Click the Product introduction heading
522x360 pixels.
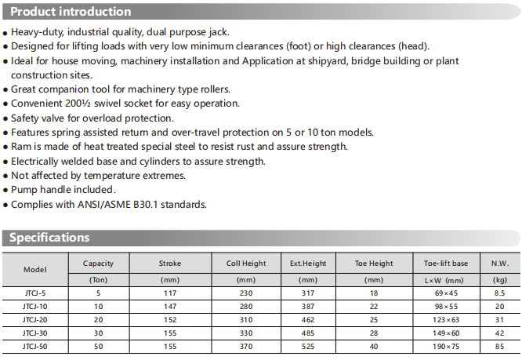coord(71,12)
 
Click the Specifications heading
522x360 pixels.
coord(49,238)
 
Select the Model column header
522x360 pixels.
coord(35,269)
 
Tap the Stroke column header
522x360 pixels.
coord(170,264)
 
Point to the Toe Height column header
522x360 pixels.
coord(374,264)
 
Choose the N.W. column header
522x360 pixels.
coord(499,264)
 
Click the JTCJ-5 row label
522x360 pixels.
coord(35,293)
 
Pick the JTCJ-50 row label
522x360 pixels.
coord(35,346)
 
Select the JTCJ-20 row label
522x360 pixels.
coord(35,319)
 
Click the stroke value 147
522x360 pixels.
coord(170,306)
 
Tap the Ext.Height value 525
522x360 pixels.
coord(307,346)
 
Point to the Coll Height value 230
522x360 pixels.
coord(246,293)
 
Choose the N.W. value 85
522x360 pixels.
coord(499,346)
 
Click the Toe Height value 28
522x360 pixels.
coord(374,333)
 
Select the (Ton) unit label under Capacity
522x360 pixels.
coord(98,279)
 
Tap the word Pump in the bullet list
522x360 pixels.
coord(26,190)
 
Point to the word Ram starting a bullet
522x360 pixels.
coord(21,147)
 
